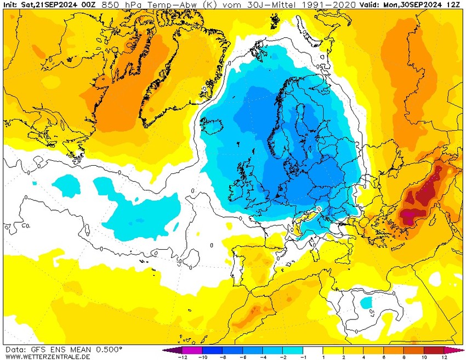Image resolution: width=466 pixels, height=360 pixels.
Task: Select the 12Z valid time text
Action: [x=454, y=4]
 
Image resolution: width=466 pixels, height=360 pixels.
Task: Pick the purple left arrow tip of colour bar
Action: [x=165, y=350]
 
